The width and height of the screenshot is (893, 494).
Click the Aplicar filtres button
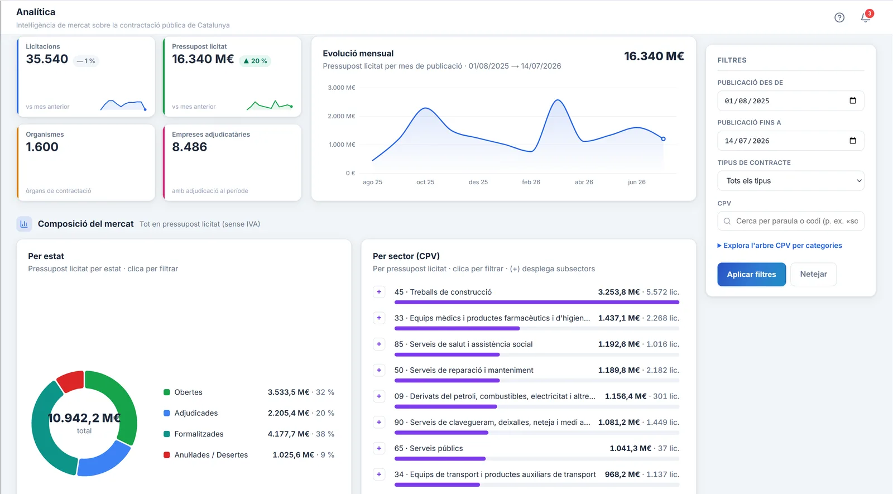pos(751,274)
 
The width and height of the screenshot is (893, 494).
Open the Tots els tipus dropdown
pos(790,181)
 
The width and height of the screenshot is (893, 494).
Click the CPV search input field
pos(790,221)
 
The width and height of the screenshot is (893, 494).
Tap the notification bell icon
pos(865,17)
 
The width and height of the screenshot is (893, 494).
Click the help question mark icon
pos(839,17)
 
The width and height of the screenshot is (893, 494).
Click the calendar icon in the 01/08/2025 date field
pos(852,100)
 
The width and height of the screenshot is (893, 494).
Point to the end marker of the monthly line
pos(663,139)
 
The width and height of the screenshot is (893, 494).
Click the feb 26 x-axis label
pos(531,182)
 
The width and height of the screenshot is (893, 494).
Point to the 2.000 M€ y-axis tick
pos(341,116)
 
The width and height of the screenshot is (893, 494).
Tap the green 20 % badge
pos(255,61)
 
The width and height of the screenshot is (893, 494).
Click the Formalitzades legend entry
pos(199,434)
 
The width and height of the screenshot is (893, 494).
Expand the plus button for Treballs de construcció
pos(379,292)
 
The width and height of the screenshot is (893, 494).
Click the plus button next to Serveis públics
pos(379,448)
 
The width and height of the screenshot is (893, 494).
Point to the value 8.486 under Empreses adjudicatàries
pos(189,147)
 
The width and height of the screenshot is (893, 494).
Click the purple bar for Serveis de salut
pos(447,354)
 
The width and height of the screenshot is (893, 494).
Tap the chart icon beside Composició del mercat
pos(24,224)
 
